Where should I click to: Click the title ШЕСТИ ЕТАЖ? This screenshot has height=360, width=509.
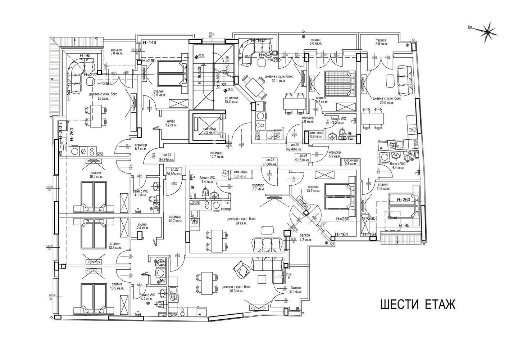click(x=418, y=304)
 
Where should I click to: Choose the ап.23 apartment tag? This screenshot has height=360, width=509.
click(x=270, y=161)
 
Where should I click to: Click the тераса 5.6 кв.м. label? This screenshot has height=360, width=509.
click(x=315, y=41)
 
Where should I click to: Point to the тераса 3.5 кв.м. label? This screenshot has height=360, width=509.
click(x=381, y=42)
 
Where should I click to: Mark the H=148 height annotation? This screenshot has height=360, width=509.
click(x=149, y=42)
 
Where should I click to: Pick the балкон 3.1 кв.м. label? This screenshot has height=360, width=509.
click(x=296, y=290)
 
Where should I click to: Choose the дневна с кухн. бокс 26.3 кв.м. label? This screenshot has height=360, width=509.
click(x=236, y=289)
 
